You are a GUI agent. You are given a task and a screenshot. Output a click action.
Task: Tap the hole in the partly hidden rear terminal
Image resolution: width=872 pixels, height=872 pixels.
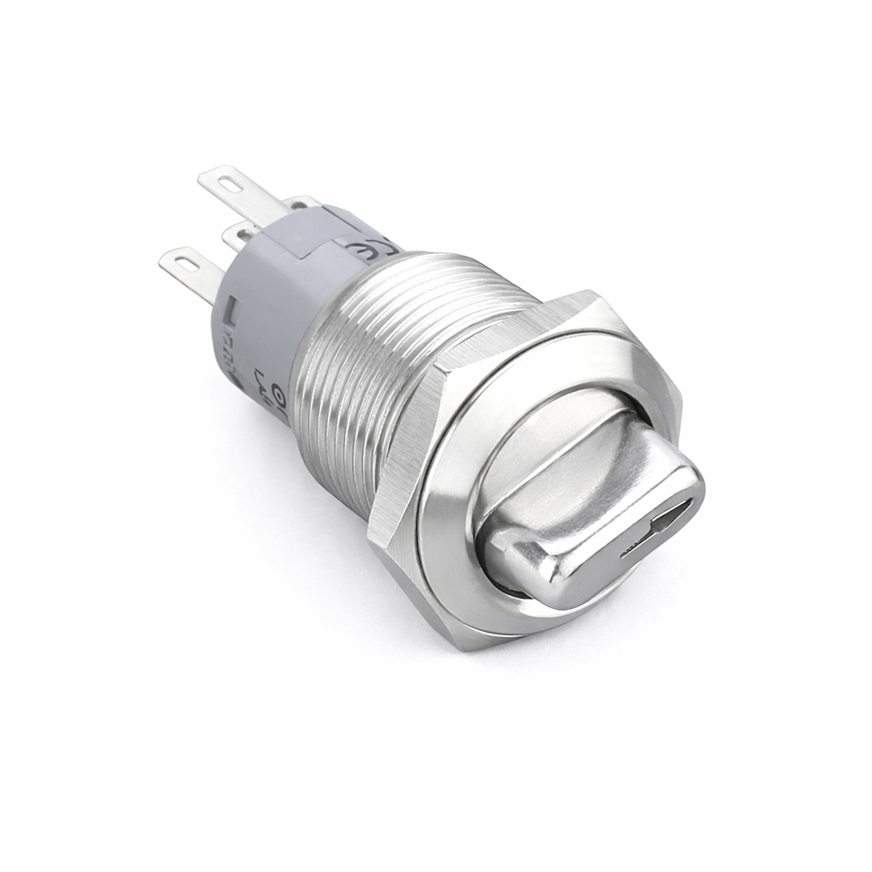pyautogui.click(x=299, y=203)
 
